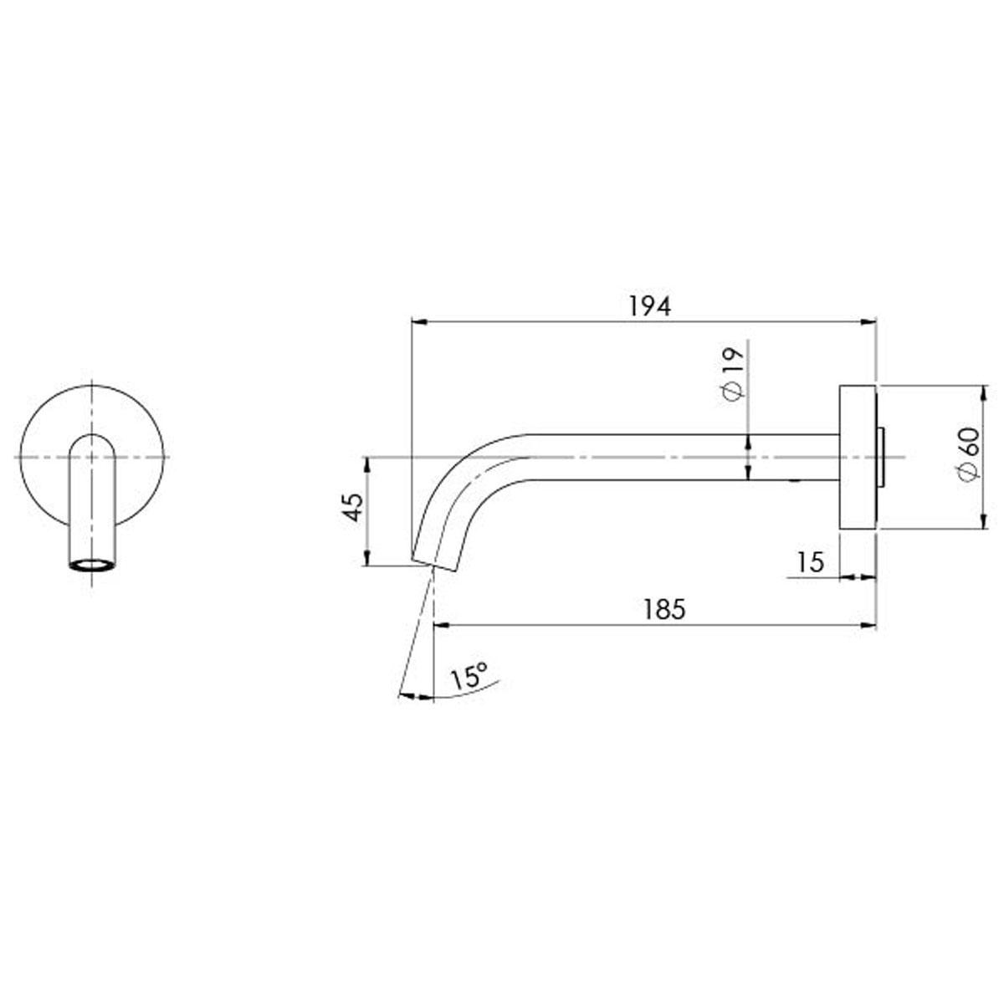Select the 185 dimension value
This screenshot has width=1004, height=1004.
point(664,609)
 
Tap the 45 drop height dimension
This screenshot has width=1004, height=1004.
point(354,508)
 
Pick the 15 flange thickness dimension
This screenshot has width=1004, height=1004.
point(811,562)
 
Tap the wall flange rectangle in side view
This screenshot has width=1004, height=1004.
point(857,457)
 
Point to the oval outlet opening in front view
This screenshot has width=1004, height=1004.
point(91,565)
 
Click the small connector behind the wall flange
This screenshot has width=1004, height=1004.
point(880,458)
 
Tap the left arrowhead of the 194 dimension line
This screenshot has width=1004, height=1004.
point(417,320)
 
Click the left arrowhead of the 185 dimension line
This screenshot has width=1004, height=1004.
point(439,624)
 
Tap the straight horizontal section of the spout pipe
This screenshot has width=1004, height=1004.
point(669,458)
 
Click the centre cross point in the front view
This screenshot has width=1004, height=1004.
point(91,457)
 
